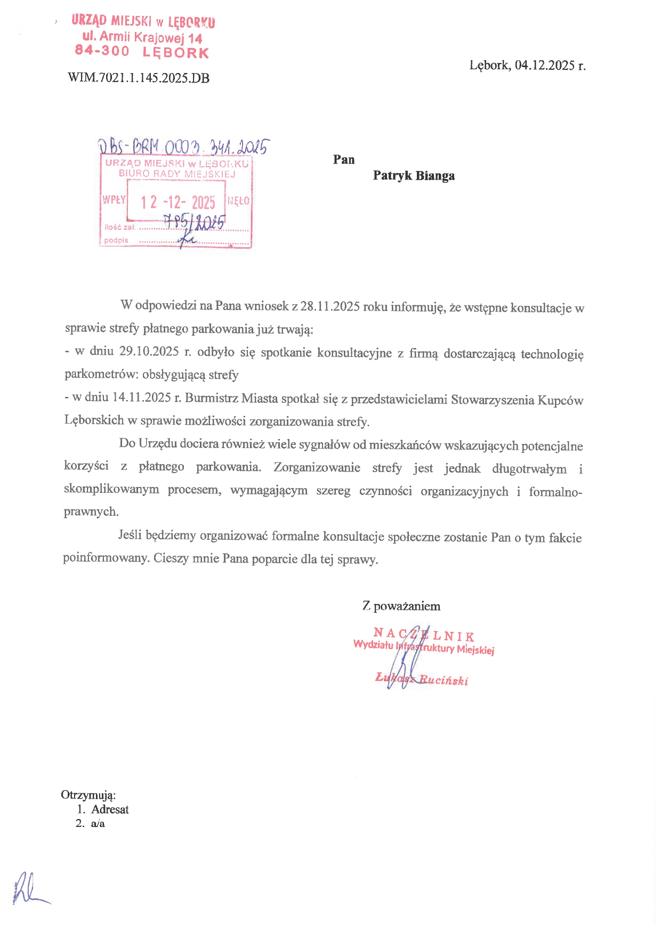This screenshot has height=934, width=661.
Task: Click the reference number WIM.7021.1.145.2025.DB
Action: click(x=139, y=78)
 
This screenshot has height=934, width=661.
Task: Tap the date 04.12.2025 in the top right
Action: click(x=544, y=66)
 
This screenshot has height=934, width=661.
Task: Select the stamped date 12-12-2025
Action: click(x=178, y=202)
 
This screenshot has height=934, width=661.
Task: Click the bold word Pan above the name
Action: click(x=344, y=159)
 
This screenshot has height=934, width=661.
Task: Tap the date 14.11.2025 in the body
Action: click(x=141, y=397)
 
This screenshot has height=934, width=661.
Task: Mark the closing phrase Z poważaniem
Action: click(x=401, y=606)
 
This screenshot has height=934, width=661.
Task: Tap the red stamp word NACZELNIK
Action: click(x=424, y=635)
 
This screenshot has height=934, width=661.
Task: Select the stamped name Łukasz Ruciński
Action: click(x=422, y=679)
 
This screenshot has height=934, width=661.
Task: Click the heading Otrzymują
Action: click(x=88, y=795)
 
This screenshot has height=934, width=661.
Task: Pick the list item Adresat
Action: click(x=110, y=809)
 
